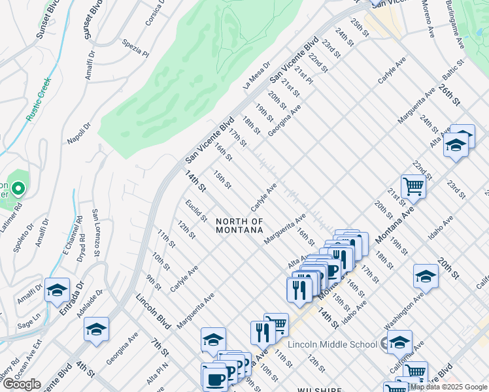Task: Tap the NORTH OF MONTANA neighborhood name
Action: pyautogui.click(x=240, y=226)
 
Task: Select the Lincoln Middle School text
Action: pyautogui.click(x=333, y=344)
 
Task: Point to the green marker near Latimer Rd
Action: pyautogui.click(x=18, y=190)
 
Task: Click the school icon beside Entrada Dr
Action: pyautogui.click(x=57, y=289)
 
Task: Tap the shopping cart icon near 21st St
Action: pyautogui.click(x=413, y=187)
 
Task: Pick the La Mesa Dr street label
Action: pyautogui.click(x=256, y=76)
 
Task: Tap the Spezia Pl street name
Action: pyautogui.click(x=136, y=48)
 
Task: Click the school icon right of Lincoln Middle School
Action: pyautogui.click(x=399, y=342)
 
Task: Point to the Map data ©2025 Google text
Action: pyautogui.click(x=448, y=387)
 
